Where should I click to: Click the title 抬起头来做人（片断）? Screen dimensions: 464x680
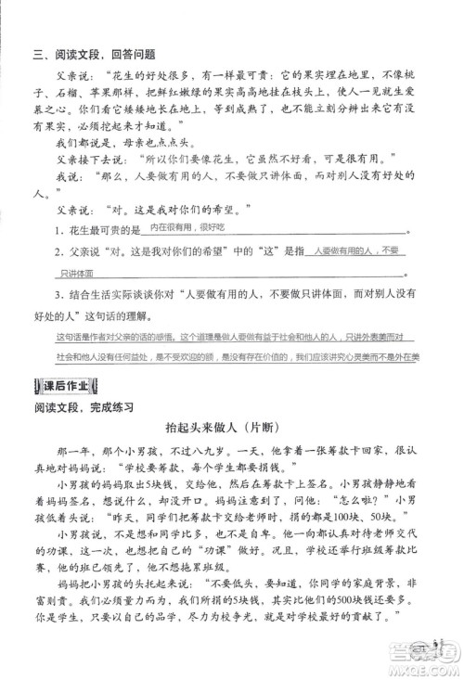(x=231, y=428)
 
